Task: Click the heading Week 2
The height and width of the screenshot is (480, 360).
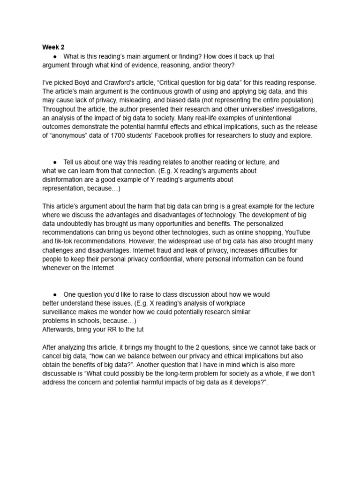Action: tap(53, 47)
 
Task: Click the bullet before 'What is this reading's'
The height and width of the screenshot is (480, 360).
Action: tap(55, 56)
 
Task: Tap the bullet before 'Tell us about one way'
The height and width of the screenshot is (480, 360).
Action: tap(55, 162)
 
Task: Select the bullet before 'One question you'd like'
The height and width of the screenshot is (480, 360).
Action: tap(55, 294)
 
